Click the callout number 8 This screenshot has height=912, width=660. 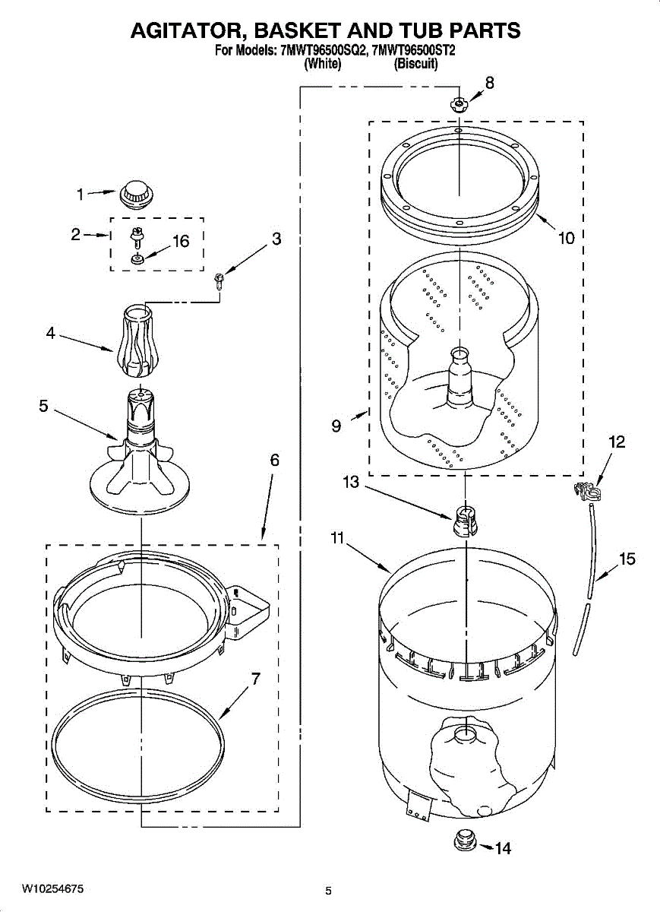(x=489, y=83)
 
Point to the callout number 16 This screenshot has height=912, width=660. (x=180, y=242)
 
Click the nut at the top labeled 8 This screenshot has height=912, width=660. (x=459, y=105)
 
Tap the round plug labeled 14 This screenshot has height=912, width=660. (x=463, y=841)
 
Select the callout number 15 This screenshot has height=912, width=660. (x=627, y=560)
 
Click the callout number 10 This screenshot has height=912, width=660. (x=566, y=238)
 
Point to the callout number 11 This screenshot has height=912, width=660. (x=337, y=538)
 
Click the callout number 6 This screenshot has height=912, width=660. (x=274, y=461)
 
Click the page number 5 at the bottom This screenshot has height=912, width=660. (x=329, y=891)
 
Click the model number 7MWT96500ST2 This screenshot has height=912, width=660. (x=413, y=52)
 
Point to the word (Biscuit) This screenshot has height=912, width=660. (x=416, y=65)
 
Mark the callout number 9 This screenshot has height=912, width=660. (x=336, y=426)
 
